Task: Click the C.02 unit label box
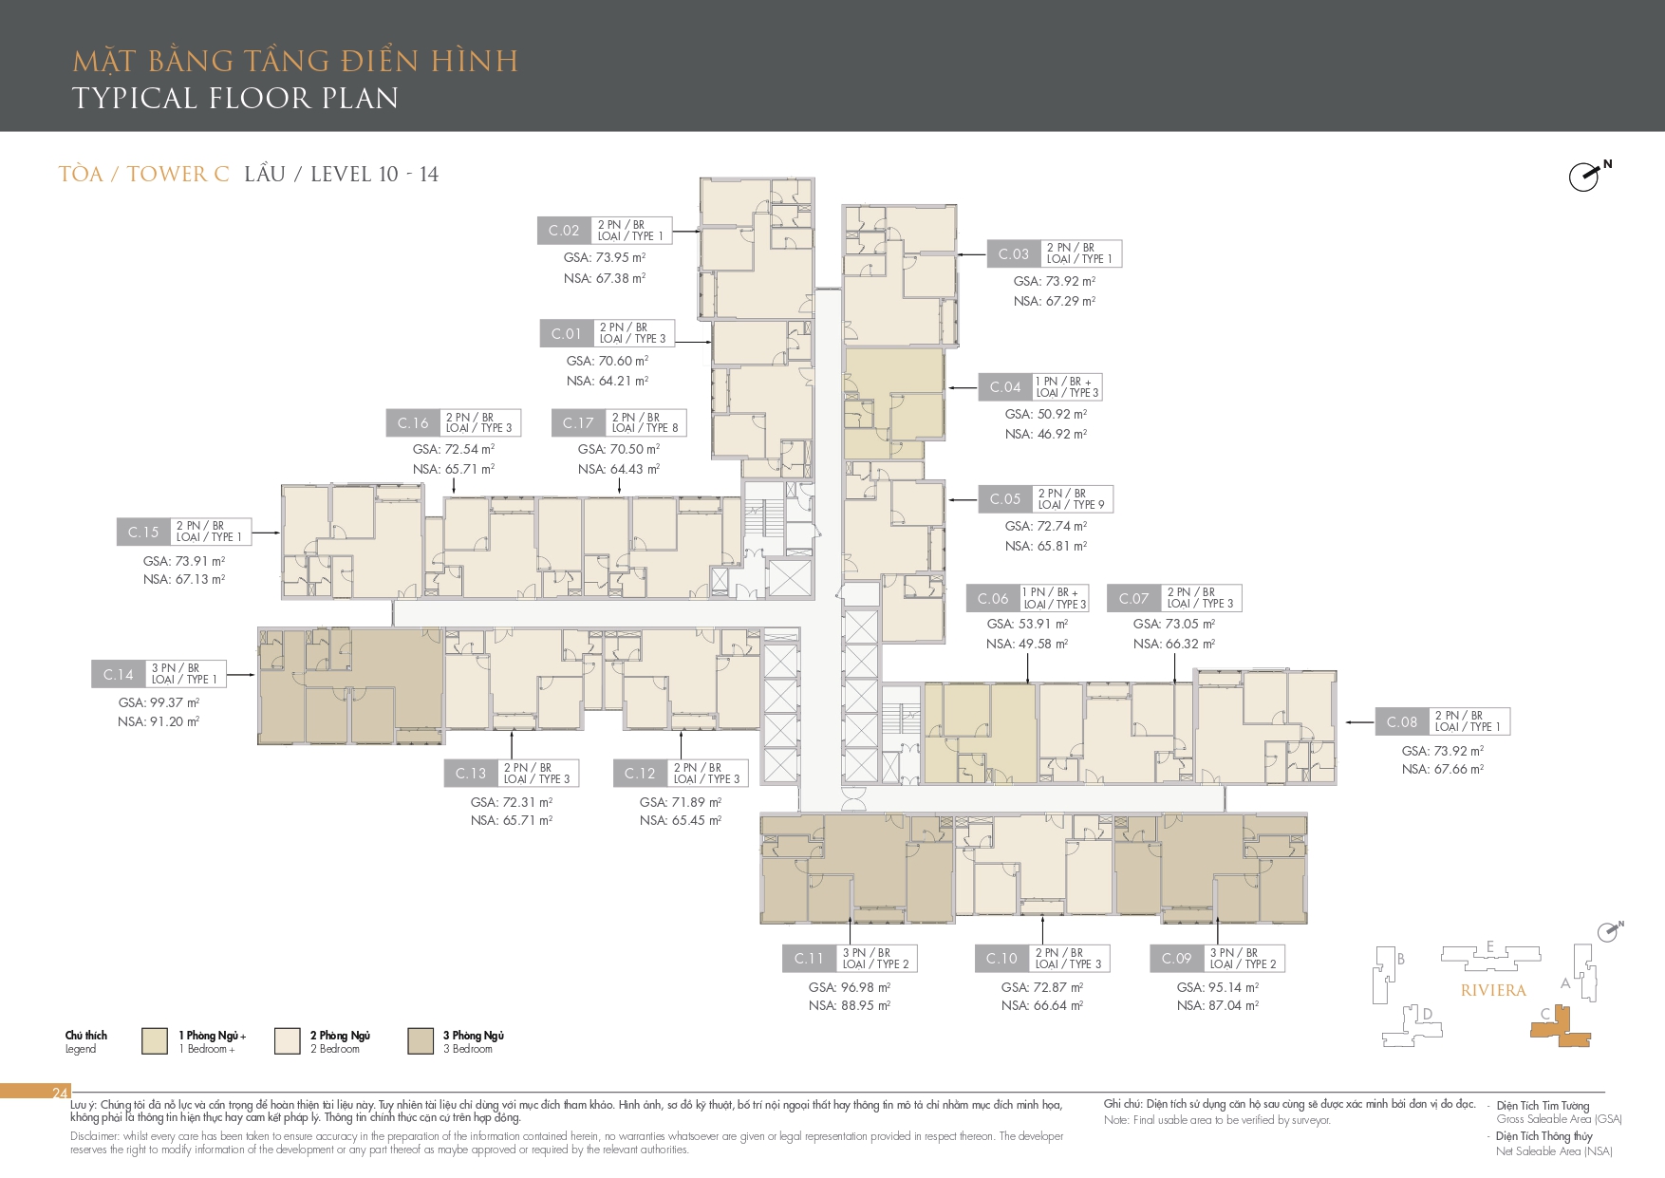click(x=564, y=231)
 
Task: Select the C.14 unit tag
click(x=119, y=674)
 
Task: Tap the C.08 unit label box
click(x=1402, y=721)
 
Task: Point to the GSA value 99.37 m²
click(x=159, y=702)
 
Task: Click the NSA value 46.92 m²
click(x=1046, y=434)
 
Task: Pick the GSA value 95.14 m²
click(x=1218, y=987)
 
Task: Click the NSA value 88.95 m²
click(x=850, y=1005)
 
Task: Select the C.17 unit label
click(x=578, y=423)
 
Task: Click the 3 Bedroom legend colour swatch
click(x=421, y=1040)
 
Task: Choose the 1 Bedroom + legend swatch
click(x=155, y=1040)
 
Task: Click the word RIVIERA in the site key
click(x=1493, y=990)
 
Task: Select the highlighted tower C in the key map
click(x=1559, y=1027)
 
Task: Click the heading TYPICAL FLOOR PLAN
click(x=235, y=99)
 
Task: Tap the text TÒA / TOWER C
click(x=143, y=174)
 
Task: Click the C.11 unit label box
click(x=809, y=959)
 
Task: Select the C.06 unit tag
click(x=993, y=598)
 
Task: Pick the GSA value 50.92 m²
click(x=1046, y=414)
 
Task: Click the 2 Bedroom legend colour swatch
click(x=288, y=1040)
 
